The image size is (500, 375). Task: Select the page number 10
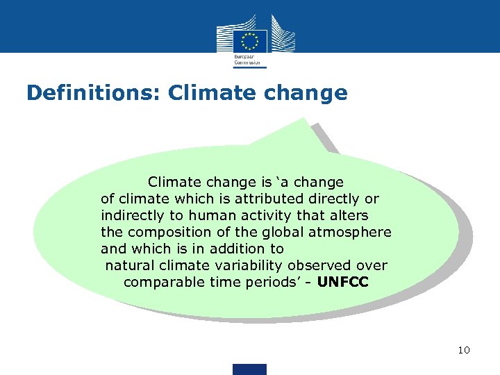(464, 350)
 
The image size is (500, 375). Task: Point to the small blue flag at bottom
(249, 369)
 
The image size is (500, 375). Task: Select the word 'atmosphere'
(354, 232)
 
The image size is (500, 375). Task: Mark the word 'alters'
(347, 215)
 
